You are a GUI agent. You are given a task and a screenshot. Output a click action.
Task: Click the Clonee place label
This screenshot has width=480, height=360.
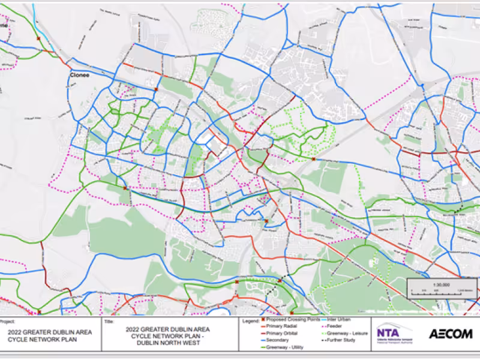click(79, 76)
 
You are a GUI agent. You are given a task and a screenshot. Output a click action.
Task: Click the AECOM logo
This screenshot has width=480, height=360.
click(450, 334)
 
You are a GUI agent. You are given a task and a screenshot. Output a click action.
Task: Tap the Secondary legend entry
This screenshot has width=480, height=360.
click(275, 340)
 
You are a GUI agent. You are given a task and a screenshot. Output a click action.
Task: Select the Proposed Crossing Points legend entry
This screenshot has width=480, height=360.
click(288, 320)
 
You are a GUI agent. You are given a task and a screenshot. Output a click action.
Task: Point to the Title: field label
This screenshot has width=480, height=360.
click(109, 321)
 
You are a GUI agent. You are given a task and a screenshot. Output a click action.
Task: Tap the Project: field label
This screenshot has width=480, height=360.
click(8, 321)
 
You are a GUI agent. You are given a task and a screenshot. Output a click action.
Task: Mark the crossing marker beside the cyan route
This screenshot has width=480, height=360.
click(38, 38)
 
